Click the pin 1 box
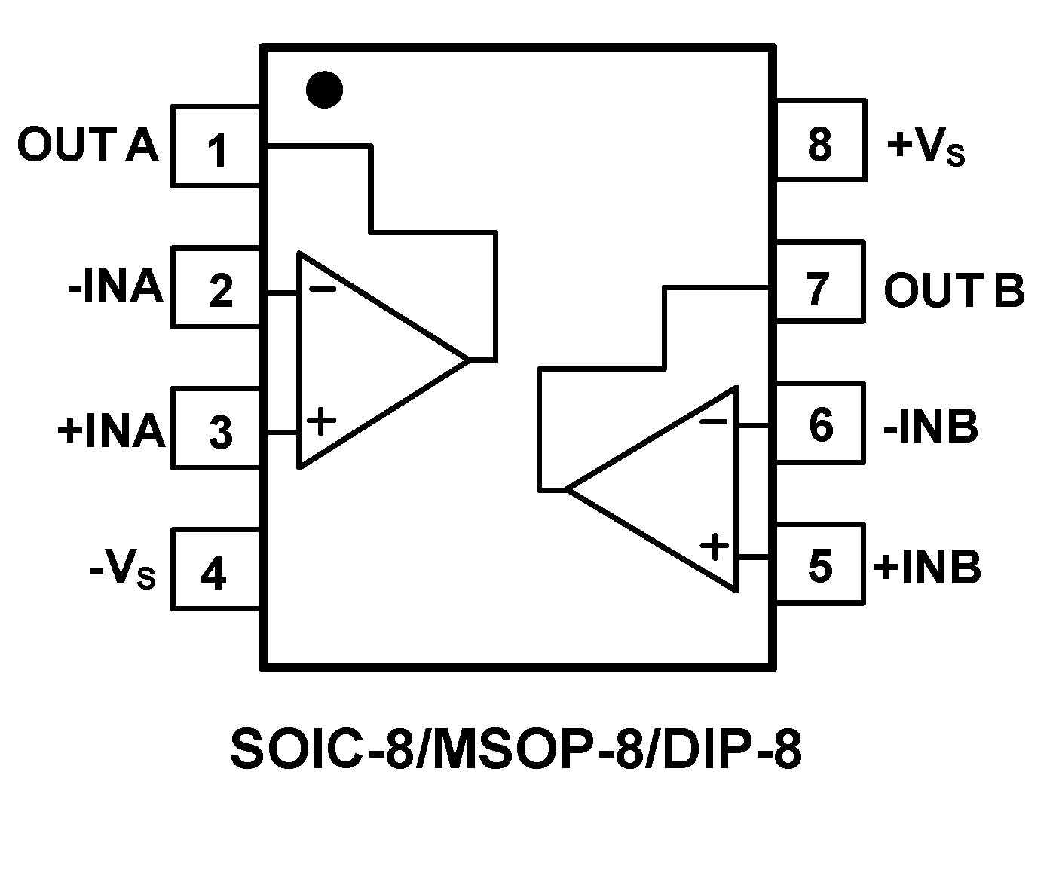[x=216, y=148]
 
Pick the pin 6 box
[x=820, y=424]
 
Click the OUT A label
[x=88, y=145]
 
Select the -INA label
[x=115, y=286]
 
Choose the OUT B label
[x=954, y=290]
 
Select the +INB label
[x=927, y=567]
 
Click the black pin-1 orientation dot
[x=324, y=90]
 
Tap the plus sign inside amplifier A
[x=321, y=421]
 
